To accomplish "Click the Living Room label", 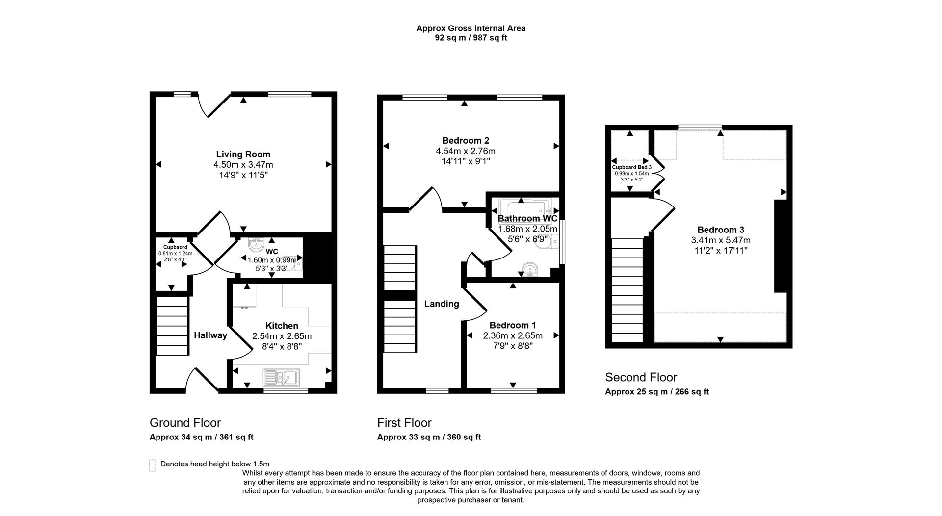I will point(243,155).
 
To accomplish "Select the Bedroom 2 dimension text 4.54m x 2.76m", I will point(466,151).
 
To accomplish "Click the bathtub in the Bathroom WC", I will point(525,208).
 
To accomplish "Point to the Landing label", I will point(442,304).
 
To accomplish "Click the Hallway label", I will point(210,335).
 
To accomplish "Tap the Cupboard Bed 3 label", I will point(631,167).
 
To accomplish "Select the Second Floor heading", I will point(641,377).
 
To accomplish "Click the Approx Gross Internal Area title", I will point(471,28).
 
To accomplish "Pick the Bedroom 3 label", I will point(720,230).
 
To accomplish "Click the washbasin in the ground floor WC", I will point(256,244).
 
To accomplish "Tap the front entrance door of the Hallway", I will point(202,381).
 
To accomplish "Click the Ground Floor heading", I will point(185,423).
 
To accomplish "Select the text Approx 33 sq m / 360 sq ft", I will point(429,437).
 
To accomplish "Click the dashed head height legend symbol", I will point(152,465).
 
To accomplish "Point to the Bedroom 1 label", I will point(512,325).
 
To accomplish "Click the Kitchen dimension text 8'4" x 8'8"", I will point(282,346).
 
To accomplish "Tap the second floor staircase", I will point(627,289).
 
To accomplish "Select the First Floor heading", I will point(404,423).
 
